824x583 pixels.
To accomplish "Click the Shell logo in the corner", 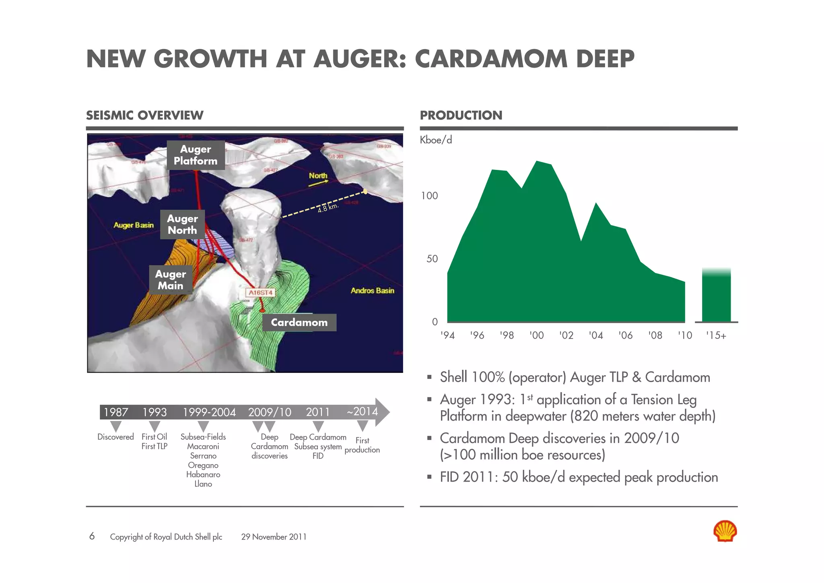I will [725, 531].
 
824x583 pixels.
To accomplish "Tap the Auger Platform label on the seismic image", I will [196, 155].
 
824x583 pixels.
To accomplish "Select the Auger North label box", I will [182, 224].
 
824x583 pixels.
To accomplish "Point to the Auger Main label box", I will [171, 279].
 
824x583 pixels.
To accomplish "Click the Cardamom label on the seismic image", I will [299, 323].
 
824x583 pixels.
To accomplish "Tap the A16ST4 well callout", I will [260, 292].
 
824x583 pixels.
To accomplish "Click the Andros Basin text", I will [372, 291].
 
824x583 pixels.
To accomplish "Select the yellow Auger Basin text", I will [134, 225].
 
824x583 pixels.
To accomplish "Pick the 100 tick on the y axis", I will [429, 196].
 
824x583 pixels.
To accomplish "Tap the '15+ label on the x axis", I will [716, 335].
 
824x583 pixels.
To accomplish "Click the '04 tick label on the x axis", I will [595, 335].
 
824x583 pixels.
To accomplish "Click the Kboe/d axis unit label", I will [436, 140].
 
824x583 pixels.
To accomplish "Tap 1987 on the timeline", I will [116, 412].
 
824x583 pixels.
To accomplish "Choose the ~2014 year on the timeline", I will [362, 411].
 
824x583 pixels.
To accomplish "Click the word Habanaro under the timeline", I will [203, 475].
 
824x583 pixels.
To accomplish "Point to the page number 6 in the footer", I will [92, 536].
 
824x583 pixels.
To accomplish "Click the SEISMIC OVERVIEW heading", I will [145, 116].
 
